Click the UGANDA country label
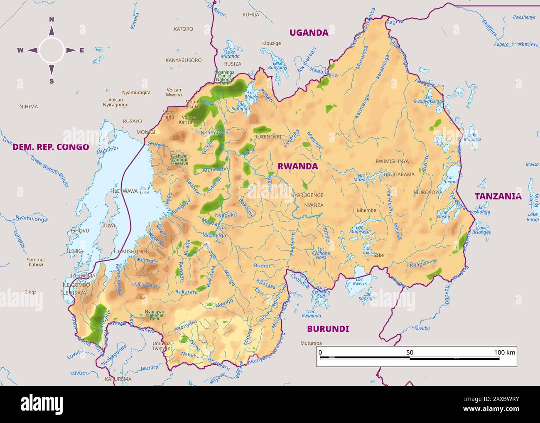(x=309, y=33)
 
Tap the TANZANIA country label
(x=498, y=197)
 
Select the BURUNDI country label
(x=328, y=329)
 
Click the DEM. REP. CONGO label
(x=51, y=147)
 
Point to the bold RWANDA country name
(x=297, y=166)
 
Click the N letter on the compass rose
(x=52, y=19)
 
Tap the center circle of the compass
(x=52, y=50)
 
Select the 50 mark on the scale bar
(x=410, y=352)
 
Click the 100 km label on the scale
(x=504, y=352)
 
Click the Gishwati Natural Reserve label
(x=179, y=160)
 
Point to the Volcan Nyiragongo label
(x=115, y=102)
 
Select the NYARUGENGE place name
(x=307, y=195)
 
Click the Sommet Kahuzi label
(x=36, y=262)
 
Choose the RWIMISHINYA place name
(x=392, y=161)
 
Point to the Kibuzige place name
(x=271, y=43)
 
